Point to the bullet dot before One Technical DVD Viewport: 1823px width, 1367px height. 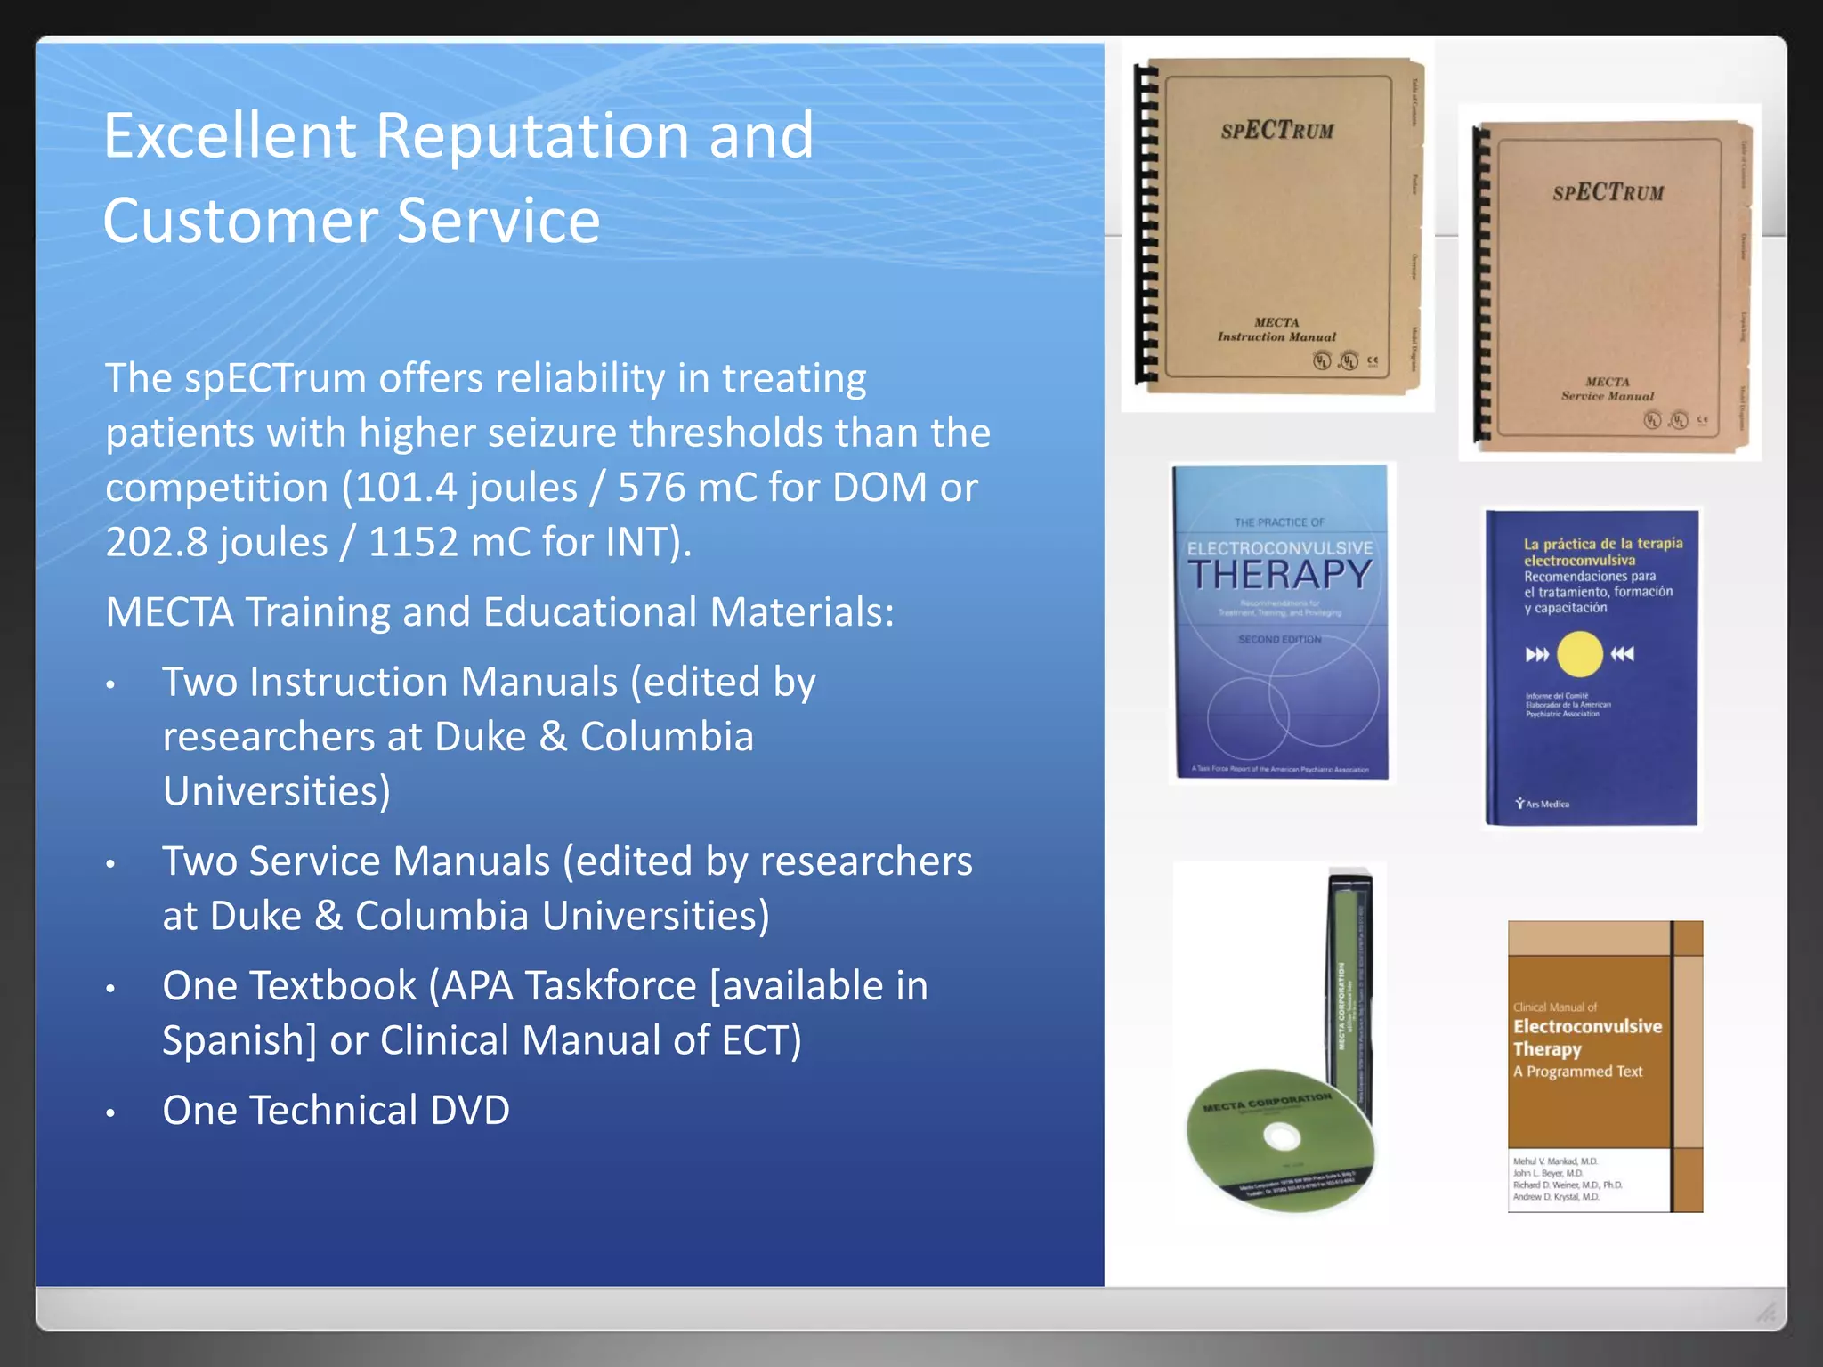(x=110, y=1113)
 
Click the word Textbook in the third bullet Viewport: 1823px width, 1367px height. (x=333, y=986)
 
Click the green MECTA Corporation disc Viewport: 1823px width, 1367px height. (x=1280, y=1139)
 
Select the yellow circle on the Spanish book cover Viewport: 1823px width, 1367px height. (x=1580, y=654)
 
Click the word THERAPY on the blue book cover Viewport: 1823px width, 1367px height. (x=1280, y=575)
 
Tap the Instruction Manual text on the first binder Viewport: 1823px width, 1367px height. (x=1276, y=337)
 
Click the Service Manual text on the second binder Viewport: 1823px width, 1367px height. (x=1607, y=396)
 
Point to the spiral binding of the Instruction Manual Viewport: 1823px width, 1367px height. (x=1146, y=227)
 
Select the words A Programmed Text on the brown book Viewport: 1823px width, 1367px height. (x=1577, y=1072)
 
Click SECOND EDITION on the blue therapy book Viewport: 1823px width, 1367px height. (x=1279, y=640)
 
